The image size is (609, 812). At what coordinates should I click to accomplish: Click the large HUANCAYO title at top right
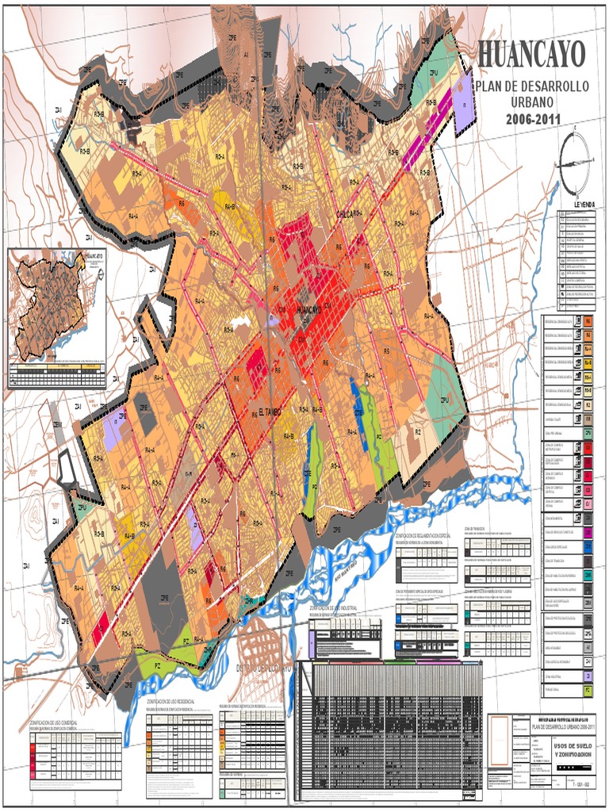tap(532, 55)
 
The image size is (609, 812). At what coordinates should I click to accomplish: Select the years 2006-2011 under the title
tap(532, 120)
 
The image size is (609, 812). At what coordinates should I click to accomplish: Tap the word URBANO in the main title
tap(532, 103)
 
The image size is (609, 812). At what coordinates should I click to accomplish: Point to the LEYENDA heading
tap(578, 205)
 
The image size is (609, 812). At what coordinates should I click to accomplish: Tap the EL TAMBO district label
tap(270, 412)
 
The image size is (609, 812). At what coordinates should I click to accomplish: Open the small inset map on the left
tap(56, 317)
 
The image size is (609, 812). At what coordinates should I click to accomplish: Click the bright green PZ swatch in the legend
tap(588, 691)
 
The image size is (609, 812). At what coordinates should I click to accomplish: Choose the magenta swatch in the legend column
tap(588, 532)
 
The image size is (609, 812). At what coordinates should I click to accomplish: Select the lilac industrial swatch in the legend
tap(588, 676)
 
